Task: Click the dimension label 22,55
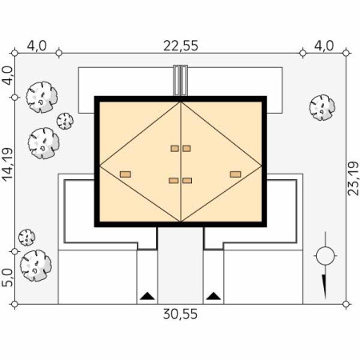pyautogui.click(x=181, y=46)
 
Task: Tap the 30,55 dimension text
pyautogui.click(x=180, y=314)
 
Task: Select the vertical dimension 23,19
pyautogui.click(x=354, y=178)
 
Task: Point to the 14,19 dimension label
pyautogui.click(x=7, y=165)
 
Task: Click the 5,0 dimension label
pyautogui.click(x=7, y=278)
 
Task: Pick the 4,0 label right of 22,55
pyautogui.click(x=324, y=46)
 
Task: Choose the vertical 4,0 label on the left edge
pyautogui.click(x=7, y=76)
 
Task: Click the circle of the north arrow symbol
pyautogui.click(x=326, y=256)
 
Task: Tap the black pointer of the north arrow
pyautogui.click(x=325, y=286)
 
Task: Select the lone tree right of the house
pyautogui.click(x=322, y=107)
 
